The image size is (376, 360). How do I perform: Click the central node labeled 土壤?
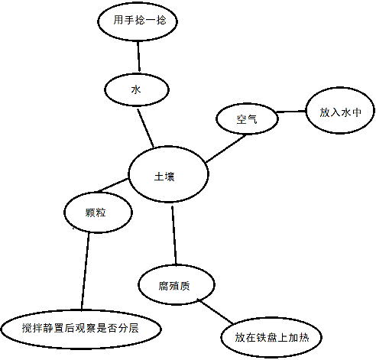pos(168,174)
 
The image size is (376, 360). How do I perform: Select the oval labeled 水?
pos(137,89)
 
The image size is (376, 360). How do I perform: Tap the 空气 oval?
pos(247,118)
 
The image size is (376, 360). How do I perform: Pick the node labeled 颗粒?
pos(98,212)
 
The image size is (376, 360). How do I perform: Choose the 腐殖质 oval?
pos(177,284)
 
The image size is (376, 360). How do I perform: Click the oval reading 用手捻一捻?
pos(138,21)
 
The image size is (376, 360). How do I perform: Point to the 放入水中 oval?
pos(340,110)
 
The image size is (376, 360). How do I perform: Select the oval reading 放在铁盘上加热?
pos(271,337)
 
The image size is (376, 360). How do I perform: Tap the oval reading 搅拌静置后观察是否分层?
pos(81,329)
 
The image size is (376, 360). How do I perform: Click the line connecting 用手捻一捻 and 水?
pos(138,57)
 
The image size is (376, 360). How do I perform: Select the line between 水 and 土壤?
pos(145,128)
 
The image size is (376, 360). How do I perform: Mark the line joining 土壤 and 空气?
pos(226,148)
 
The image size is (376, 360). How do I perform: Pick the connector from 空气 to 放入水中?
pos(291,112)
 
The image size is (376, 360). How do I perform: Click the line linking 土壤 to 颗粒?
pos(112,185)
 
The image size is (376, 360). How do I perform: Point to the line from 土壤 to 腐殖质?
pos(174,235)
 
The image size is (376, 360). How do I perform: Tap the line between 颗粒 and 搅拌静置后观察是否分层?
pos(85,271)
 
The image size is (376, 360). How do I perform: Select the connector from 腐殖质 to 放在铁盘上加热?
pos(216,312)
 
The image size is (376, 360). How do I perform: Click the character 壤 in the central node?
pos(170,177)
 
